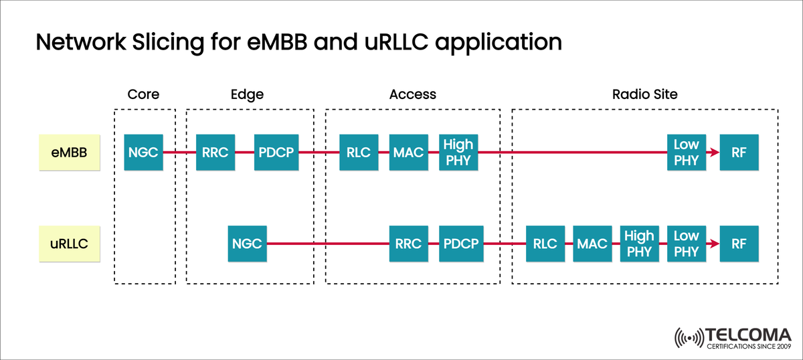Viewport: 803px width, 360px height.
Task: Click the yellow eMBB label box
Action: click(68, 153)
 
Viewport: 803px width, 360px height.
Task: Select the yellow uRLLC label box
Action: click(68, 244)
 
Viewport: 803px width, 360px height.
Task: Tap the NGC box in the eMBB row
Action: click(144, 153)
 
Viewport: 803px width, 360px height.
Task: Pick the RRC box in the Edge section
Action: click(215, 153)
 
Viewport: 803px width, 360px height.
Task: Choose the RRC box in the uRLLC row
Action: click(409, 244)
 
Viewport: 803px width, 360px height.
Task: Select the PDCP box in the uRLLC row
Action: click(461, 244)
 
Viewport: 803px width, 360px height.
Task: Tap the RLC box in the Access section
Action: click(359, 153)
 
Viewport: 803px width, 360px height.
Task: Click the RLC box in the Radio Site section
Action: click(545, 244)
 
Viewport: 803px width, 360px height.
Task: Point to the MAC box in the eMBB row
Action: click(409, 153)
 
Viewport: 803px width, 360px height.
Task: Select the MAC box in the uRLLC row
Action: click(592, 244)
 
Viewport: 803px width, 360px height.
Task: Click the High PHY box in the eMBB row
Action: click(458, 153)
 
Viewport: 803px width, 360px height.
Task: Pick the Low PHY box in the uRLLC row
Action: click(686, 244)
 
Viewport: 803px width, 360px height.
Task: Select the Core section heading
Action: click(144, 94)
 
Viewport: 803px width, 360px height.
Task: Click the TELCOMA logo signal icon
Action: click(690, 338)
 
